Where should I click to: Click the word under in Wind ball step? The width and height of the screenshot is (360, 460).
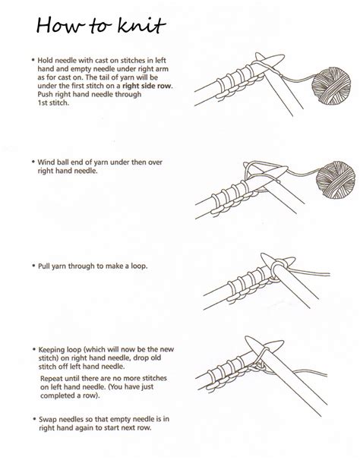coord(124,162)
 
